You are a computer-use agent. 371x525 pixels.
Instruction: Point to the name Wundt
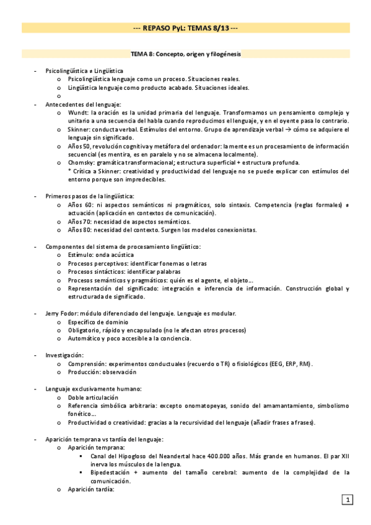79,113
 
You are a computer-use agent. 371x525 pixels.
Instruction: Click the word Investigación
64,355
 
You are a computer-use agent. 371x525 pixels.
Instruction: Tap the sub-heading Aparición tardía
92,489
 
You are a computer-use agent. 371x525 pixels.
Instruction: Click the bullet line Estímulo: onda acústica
101,254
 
